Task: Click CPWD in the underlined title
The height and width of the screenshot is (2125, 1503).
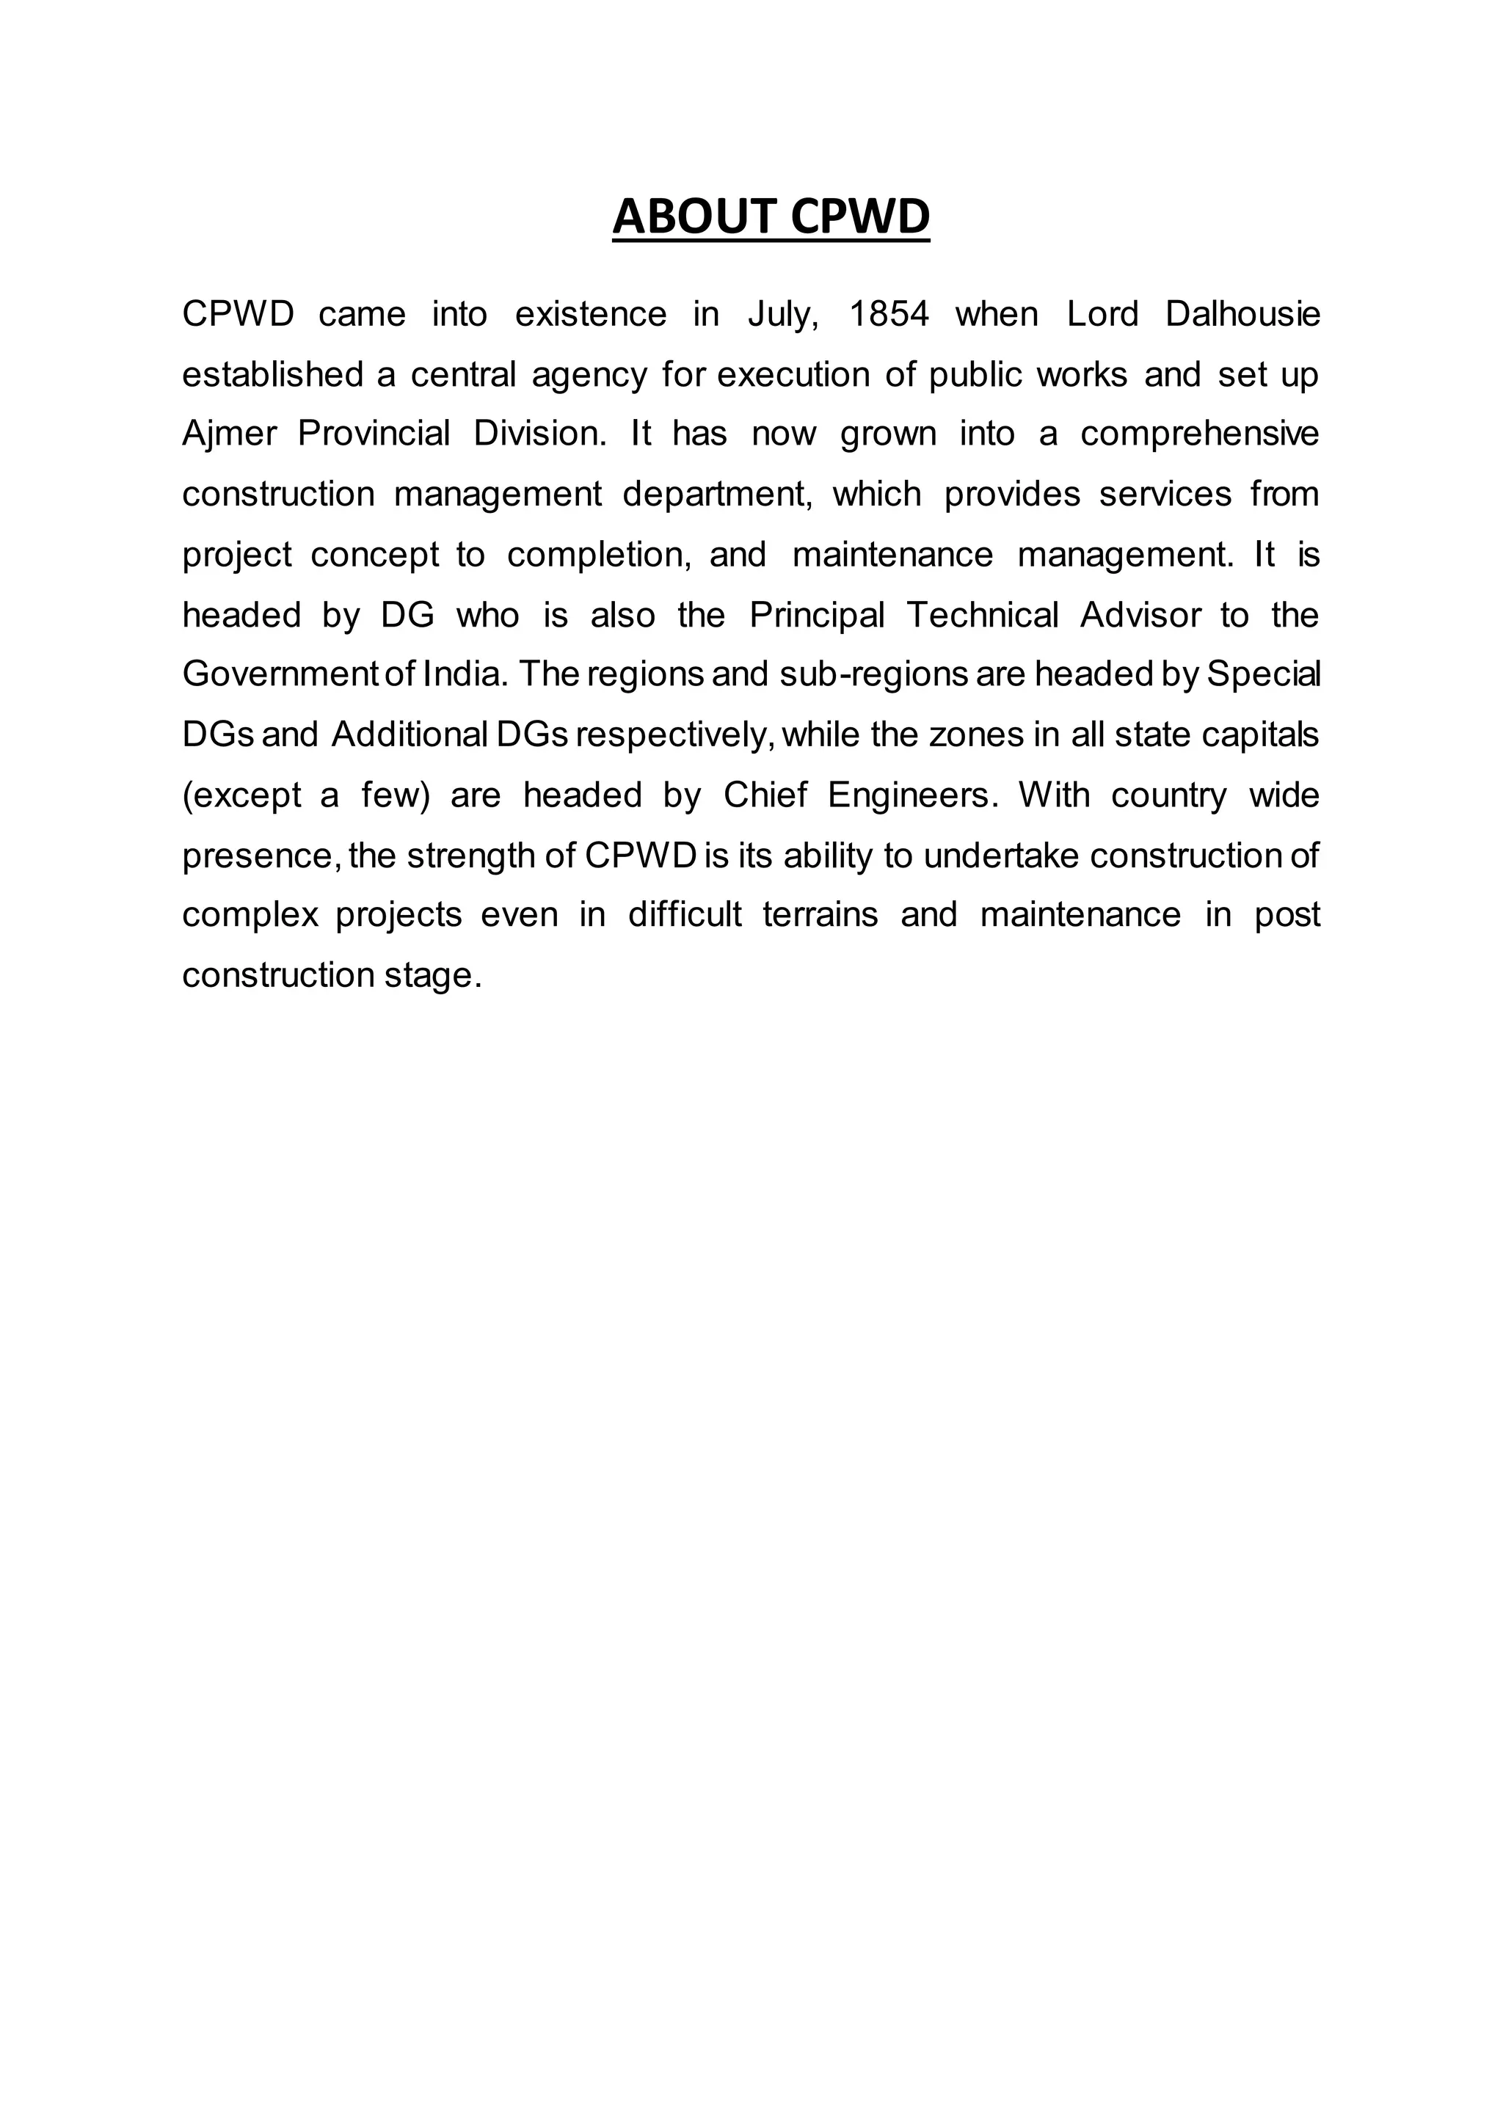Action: tap(861, 216)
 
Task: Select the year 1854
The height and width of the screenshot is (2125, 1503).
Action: tap(889, 315)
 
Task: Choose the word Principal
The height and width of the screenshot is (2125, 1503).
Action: tap(818, 615)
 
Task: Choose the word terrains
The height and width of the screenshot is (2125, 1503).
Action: tap(820, 914)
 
